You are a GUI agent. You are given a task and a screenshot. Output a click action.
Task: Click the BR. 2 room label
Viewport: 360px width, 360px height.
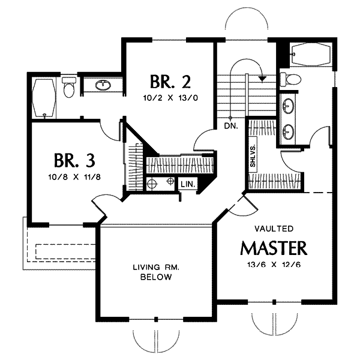tap(170, 82)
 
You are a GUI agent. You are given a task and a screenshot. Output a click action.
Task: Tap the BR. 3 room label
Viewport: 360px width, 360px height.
tap(74, 160)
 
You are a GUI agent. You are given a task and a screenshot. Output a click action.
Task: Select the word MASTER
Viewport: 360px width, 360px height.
tap(274, 248)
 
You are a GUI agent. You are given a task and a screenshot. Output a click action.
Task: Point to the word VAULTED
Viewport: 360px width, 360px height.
tap(274, 229)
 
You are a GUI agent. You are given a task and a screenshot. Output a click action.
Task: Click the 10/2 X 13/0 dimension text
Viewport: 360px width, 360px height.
tap(170, 98)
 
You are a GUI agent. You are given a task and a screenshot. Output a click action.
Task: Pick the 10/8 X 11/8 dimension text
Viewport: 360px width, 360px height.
tap(74, 177)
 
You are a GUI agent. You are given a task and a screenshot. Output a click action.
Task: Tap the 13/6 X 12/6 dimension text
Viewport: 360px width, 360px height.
tap(274, 265)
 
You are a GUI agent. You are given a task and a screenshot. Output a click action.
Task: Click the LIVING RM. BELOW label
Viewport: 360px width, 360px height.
tap(156, 272)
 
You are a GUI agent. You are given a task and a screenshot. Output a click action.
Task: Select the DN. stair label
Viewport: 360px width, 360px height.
tap(231, 126)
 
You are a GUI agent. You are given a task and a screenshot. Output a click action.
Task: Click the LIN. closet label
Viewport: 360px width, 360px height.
tap(188, 184)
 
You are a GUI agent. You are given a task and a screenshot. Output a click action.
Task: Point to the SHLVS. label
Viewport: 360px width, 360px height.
tap(253, 152)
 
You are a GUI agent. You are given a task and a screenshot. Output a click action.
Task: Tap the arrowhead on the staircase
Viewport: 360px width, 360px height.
tap(262, 79)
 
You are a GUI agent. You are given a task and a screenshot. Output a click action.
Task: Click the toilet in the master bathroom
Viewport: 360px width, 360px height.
tap(290, 79)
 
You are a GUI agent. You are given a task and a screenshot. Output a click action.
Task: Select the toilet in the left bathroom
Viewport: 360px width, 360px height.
tap(69, 87)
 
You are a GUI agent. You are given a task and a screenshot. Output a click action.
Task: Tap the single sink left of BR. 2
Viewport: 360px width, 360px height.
tap(103, 85)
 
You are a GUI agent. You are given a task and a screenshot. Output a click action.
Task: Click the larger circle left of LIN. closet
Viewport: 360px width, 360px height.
tap(152, 184)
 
